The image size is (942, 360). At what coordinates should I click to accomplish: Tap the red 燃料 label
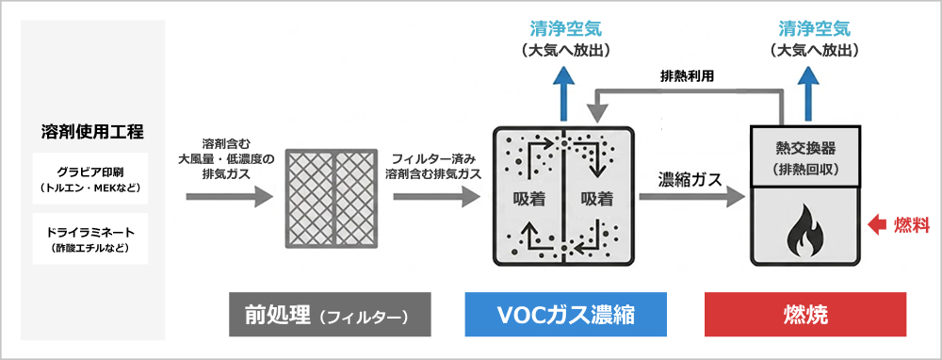point(912,226)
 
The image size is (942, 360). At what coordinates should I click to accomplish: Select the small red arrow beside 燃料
point(878,226)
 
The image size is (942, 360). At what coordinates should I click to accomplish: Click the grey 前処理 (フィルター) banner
point(330,315)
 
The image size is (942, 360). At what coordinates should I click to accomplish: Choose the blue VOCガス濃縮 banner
point(566,315)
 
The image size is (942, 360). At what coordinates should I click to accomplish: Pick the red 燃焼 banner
point(805,315)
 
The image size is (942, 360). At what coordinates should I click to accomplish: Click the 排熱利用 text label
point(687,77)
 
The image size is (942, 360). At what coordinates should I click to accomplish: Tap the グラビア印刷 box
point(90,178)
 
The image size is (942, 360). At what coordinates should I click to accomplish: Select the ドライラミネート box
point(90,238)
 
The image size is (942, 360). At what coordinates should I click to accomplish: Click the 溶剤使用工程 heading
point(90,130)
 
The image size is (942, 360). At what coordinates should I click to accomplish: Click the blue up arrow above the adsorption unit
point(563,94)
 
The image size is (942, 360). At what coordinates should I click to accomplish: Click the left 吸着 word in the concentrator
point(529,199)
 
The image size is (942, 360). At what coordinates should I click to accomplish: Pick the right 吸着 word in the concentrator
point(597,199)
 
